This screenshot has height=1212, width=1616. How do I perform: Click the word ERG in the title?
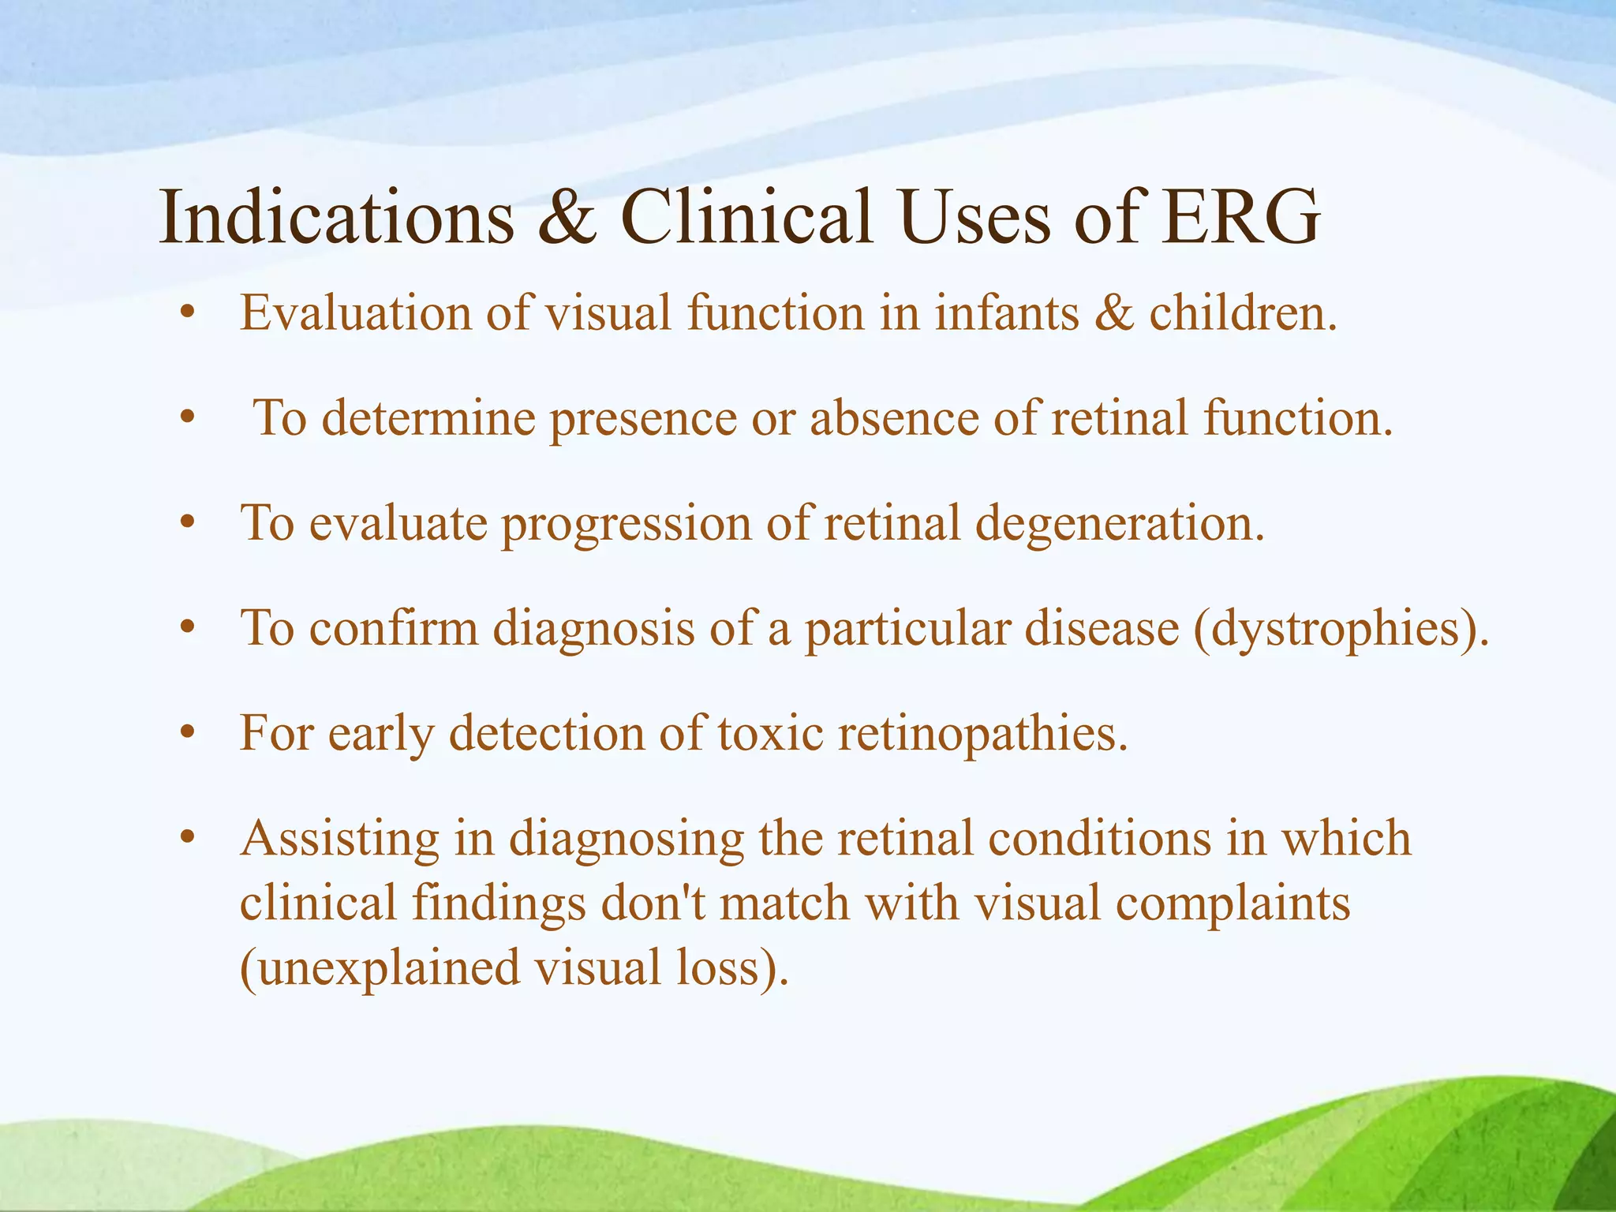coord(1240,216)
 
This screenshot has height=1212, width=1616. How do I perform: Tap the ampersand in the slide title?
coord(567,216)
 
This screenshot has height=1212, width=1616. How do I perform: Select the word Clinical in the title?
coord(746,216)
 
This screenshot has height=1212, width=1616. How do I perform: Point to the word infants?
coord(1006,312)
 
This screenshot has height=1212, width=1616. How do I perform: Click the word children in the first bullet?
coord(1242,312)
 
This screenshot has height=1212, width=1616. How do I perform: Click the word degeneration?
coord(1120,524)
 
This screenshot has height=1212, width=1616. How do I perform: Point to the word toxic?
coord(771,733)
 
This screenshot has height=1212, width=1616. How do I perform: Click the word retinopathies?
coord(982,735)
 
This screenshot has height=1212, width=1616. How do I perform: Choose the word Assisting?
coord(339,839)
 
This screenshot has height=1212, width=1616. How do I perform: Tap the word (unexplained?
coord(380,968)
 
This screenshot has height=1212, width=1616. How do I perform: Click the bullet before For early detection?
coord(187,735)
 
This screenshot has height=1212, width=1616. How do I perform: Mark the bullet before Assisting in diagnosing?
coord(187,839)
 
